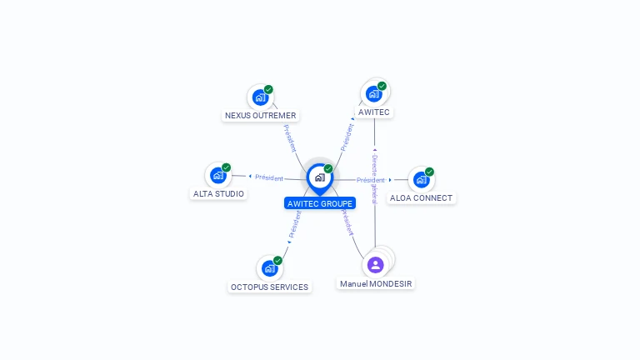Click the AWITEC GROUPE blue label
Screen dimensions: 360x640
click(319, 203)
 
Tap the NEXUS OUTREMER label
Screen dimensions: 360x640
click(261, 116)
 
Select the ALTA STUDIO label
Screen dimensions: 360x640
click(218, 194)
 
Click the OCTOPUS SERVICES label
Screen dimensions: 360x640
click(269, 287)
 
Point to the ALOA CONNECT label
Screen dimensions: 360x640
click(421, 198)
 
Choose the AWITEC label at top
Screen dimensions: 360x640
click(373, 112)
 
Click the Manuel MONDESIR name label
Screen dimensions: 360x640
click(376, 284)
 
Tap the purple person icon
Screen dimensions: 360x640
click(376, 265)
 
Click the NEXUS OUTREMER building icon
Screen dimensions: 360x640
click(260, 97)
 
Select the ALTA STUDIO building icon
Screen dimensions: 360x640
click(218, 175)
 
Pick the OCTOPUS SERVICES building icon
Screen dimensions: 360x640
click(269, 268)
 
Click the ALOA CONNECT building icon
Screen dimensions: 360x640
click(421, 179)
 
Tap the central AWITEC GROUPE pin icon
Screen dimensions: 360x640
click(319, 177)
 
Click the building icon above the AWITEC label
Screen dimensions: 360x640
click(373, 93)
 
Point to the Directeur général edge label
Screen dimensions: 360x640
click(375, 179)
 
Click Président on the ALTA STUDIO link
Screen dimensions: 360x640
click(269, 177)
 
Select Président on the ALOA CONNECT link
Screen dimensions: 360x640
click(371, 180)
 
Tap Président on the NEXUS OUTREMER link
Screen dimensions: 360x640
click(290, 138)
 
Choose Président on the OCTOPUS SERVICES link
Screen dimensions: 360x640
click(294, 223)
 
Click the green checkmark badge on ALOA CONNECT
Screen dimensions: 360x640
click(429, 172)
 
